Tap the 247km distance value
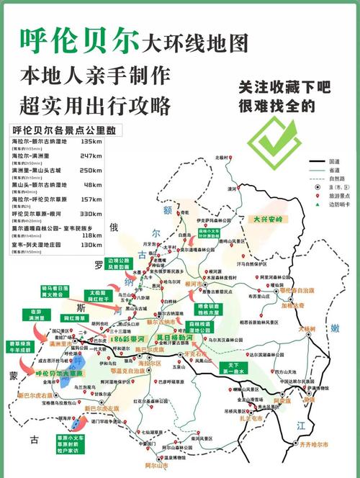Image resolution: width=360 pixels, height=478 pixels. (91, 155)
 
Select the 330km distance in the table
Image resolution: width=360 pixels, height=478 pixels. (91, 214)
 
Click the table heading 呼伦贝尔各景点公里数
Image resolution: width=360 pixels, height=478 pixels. (63, 130)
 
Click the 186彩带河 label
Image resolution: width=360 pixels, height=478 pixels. (130, 338)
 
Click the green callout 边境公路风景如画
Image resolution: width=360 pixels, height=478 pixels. (120, 264)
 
